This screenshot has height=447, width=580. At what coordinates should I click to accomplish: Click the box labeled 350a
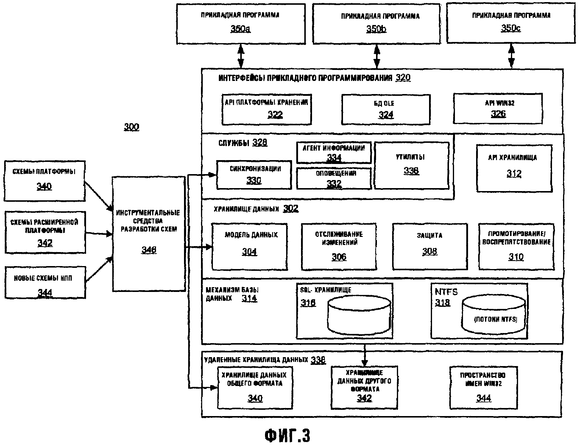click(241, 24)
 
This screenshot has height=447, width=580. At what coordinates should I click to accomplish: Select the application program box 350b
click(377, 24)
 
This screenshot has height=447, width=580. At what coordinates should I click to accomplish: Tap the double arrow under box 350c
click(511, 56)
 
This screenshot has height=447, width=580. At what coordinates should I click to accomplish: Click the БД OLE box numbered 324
click(386, 109)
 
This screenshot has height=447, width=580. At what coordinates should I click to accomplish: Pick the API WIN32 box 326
click(498, 108)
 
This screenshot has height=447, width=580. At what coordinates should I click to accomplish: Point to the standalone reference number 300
click(131, 127)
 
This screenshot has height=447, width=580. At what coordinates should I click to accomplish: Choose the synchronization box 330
click(254, 175)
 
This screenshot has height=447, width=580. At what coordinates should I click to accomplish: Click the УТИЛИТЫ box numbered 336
click(411, 165)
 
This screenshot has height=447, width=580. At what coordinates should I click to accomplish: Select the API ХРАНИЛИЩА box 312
click(514, 168)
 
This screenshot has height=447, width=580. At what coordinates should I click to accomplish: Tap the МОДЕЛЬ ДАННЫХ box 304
click(250, 247)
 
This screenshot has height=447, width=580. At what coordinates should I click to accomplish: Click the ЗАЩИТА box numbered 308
click(430, 247)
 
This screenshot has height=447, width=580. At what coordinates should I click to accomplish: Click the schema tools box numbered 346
click(149, 234)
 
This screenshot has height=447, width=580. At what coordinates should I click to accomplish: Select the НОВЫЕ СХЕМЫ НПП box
click(45, 283)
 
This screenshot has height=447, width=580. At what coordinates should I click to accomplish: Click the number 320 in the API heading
click(403, 78)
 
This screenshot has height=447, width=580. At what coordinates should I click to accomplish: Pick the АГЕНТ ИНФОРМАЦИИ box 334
click(334, 153)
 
